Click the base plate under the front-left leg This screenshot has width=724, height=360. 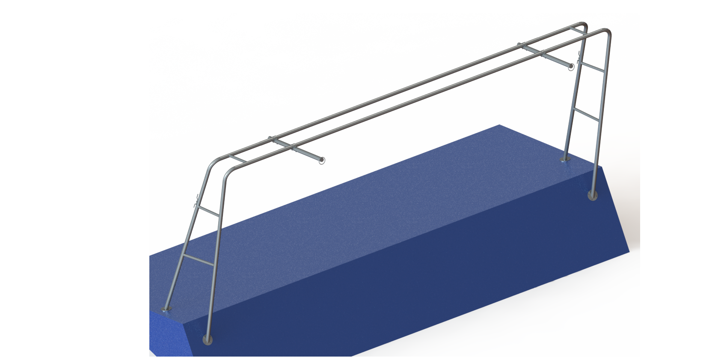[208, 341]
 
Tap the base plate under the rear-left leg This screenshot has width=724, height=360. [167, 309]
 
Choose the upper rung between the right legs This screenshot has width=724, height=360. [592, 67]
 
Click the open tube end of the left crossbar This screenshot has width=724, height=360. [322, 161]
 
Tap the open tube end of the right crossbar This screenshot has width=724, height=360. [570, 66]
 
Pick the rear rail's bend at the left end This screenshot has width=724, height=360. [214, 162]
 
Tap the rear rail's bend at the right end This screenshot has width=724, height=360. [582, 24]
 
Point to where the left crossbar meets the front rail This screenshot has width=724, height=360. [293, 148]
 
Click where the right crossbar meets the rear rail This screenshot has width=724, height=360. [521, 45]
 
